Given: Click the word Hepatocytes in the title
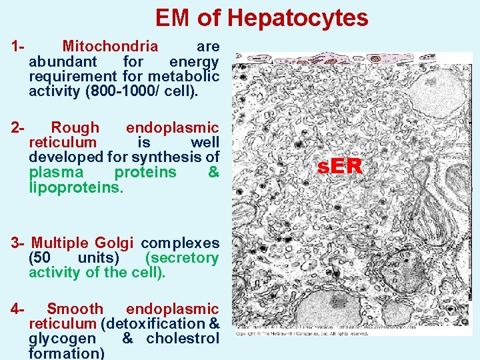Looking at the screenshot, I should [298, 18].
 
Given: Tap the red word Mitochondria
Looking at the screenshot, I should [110, 47].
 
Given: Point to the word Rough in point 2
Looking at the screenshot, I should [75, 127].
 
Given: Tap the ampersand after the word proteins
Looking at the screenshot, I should [213, 172].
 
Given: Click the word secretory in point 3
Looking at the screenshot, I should [182, 257].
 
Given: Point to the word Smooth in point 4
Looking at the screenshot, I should [75, 309].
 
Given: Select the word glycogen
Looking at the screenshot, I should [62, 338].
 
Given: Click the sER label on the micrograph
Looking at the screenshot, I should [340, 167].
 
